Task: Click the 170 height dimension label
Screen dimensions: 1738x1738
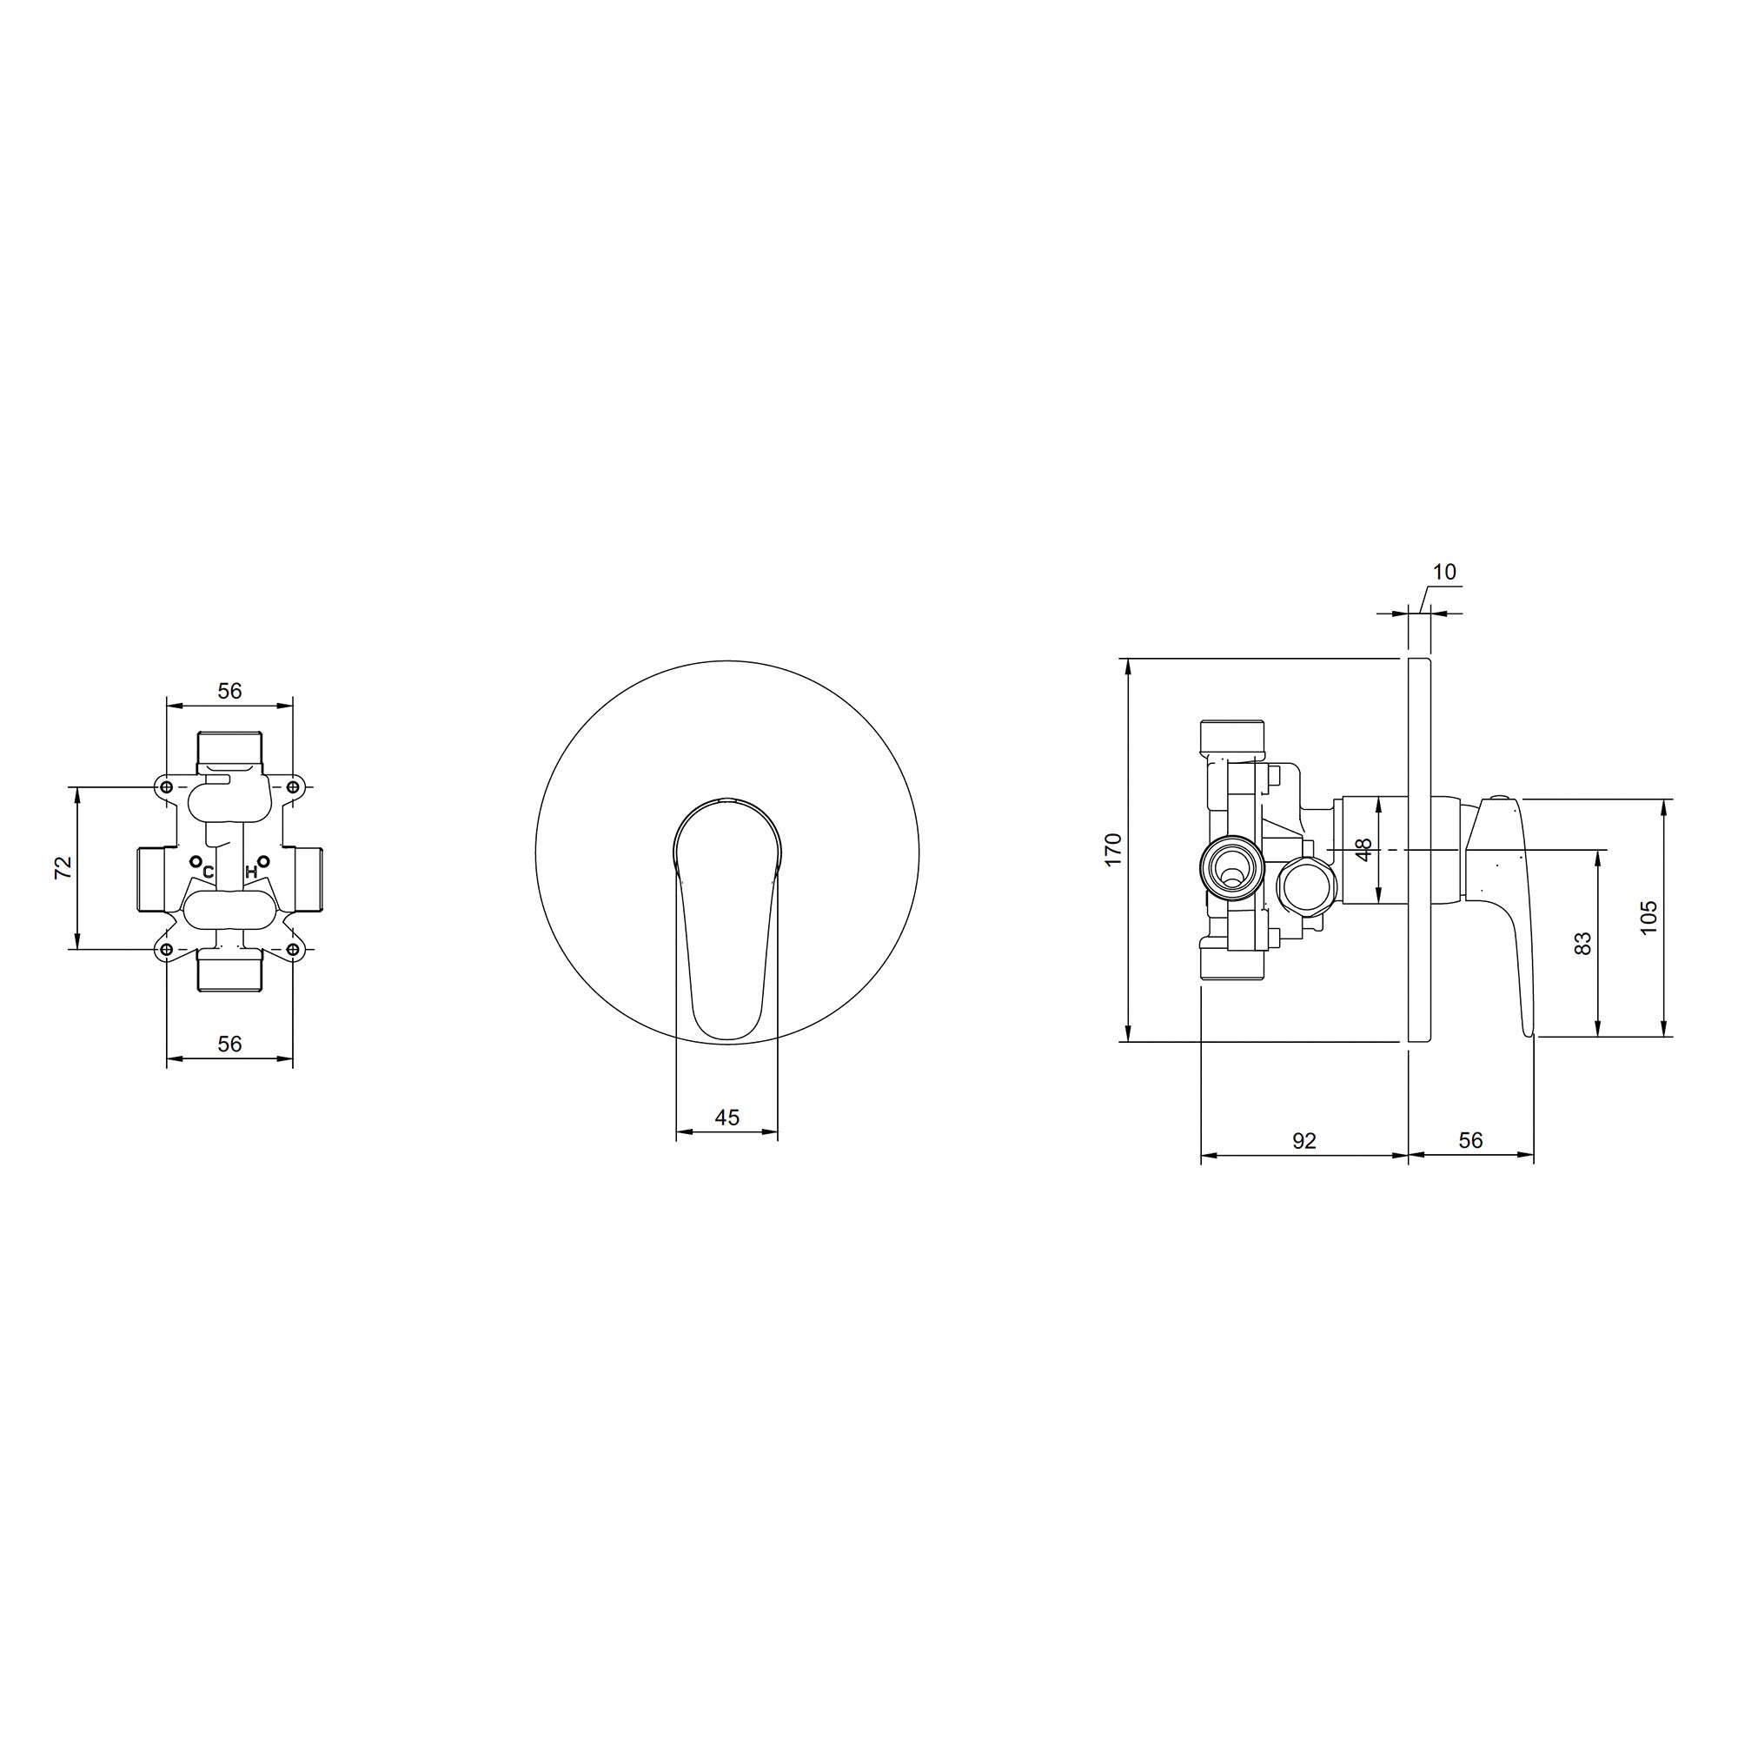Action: pyautogui.click(x=1115, y=850)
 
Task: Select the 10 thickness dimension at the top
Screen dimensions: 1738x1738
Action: pyautogui.click(x=1443, y=572)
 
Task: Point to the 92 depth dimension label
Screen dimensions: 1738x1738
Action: pyautogui.click(x=1303, y=1141)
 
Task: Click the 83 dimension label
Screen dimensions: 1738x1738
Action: pyautogui.click(x=1584, y=943)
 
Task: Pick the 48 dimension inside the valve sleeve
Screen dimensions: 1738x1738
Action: pyautogui.click(x=1363, y=849)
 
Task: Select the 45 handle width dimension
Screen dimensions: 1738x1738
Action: pyautogui.click(x=726, y=1118)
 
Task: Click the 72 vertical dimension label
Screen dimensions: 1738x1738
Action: pyautogui.click(x=63, y=867)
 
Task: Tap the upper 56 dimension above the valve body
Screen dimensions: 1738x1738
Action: pyautogui.click(x=230, y=691)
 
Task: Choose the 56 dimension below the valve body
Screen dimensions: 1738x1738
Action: pyautogui.click(x=230, y=1044)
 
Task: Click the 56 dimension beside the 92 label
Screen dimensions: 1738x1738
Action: pyautogui.click(x=1471, y=1141)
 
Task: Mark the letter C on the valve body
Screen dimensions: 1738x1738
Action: pyautogui.click(x=208, y=872)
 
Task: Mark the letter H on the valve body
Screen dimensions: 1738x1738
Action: pyautogui.click(x=251, y=872)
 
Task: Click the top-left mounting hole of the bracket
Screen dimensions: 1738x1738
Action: pyautogui.click(x=167, y=787)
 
